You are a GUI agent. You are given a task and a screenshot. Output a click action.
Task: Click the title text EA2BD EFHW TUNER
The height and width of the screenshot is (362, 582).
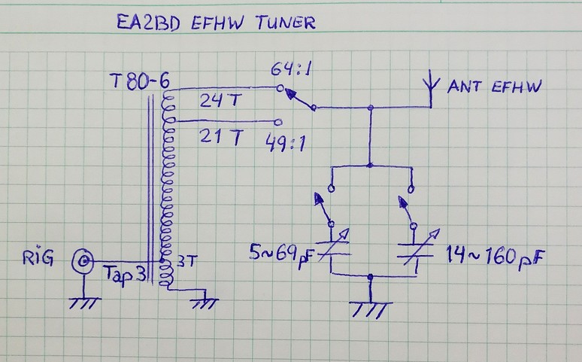point(215,23)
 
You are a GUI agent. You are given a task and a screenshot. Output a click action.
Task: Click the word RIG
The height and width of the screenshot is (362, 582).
point(38,260)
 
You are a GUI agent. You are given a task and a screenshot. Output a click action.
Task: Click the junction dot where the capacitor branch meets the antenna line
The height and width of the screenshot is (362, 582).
point(370,108)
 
